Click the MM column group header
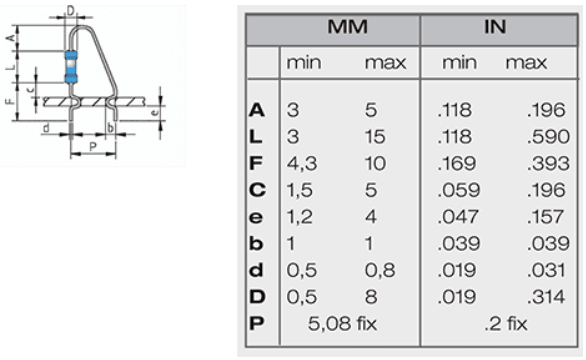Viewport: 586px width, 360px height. (347, 27)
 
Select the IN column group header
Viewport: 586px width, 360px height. (495, 27)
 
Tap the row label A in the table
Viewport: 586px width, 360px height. (257, 110)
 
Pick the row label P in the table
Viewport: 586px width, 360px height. (257, 323)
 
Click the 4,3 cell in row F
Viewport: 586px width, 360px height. (302, 163)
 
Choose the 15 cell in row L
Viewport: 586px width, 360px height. (375, 136)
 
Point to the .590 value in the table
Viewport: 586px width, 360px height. (548, 136)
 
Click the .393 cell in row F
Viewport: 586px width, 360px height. (548, 163)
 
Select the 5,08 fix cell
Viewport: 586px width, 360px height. (342, 323)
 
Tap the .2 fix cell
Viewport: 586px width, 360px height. (506, 324)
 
